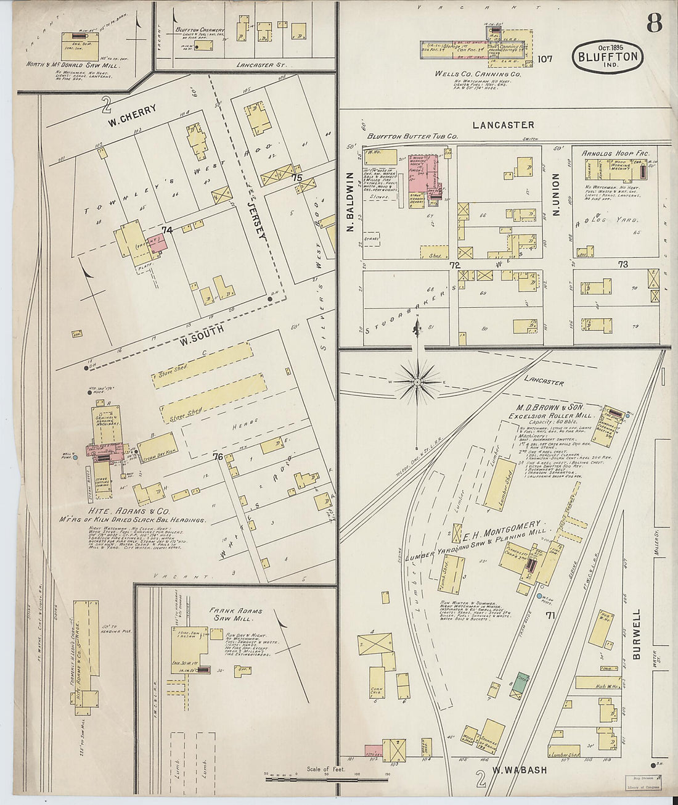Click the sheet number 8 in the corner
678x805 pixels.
[x=654, y=23]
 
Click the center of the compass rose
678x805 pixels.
[x=417, y=382]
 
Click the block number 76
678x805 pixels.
[x=218, y=457]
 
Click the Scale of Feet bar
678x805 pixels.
[x=327, y=774]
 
